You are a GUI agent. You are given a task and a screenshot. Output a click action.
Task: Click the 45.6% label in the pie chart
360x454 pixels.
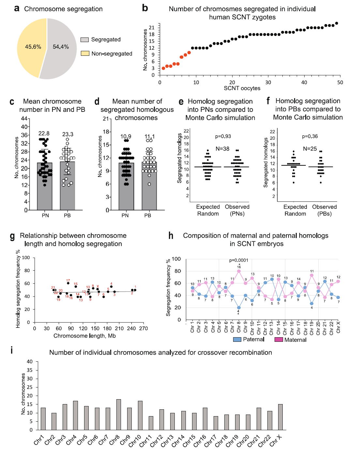tap(33, 47)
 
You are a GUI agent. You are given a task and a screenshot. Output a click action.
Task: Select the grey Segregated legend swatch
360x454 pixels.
tap(85, 40)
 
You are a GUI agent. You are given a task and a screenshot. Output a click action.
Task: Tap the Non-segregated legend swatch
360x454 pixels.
tap(85, 53)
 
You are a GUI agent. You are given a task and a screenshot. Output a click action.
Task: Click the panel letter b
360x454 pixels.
tap(145, 8)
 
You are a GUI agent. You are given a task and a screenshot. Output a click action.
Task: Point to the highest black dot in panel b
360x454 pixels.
tap(337, 23)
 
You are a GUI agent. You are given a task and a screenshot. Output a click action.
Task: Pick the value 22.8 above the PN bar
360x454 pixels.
tap(44, 133)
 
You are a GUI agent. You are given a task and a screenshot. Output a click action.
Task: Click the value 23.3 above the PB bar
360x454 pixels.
tap(68, 134)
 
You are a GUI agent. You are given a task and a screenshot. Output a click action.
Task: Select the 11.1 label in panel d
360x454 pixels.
tap(150, 137)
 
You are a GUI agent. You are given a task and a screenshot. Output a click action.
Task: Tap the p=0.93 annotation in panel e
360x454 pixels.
tap(223, 136)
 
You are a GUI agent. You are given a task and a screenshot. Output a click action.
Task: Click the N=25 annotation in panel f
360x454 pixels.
tap(310, 149)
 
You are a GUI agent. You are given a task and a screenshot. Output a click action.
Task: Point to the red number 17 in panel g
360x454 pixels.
tap(68, 280)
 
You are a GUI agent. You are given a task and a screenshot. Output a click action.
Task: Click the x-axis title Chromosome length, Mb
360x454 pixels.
tap(84, 336)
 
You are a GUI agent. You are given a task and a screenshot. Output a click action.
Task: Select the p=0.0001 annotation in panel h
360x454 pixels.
tap(239, 260)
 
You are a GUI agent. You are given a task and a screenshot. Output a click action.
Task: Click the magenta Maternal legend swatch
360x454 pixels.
tap(279, 340)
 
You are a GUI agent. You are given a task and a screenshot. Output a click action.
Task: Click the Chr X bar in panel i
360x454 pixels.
tap(280, 417)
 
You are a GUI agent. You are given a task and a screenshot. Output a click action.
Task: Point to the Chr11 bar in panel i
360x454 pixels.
tap(151, 423)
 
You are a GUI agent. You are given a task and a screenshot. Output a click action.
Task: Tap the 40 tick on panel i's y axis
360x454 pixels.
tap(30, 361)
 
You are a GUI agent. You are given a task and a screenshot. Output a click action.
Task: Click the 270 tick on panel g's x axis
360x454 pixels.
tap(143, 328)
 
